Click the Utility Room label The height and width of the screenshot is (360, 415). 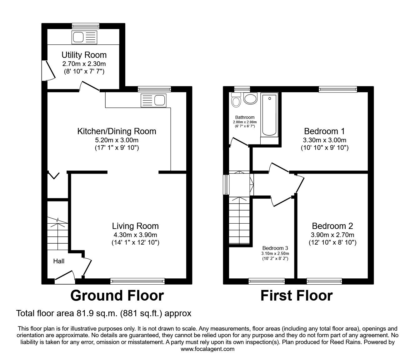[84, 55]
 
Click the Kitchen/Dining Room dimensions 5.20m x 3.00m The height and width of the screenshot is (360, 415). [117, 140]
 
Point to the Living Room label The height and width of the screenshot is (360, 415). [135, 226]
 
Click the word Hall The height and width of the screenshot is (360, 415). [59, 261]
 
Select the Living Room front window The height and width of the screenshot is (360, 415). [137, 281]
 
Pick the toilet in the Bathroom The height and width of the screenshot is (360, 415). [236, 100]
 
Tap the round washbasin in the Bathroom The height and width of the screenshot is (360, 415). [250, 99]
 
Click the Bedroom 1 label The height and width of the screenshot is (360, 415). [325, 131]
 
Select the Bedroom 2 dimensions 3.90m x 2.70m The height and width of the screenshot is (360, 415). [332, 235]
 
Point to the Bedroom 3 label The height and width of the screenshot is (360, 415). [275, 248]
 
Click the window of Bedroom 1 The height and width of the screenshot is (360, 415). [338, 89]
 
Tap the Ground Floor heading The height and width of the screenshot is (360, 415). [117, 295]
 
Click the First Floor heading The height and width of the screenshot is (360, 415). [297, 295]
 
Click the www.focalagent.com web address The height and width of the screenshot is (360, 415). [207, 349]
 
